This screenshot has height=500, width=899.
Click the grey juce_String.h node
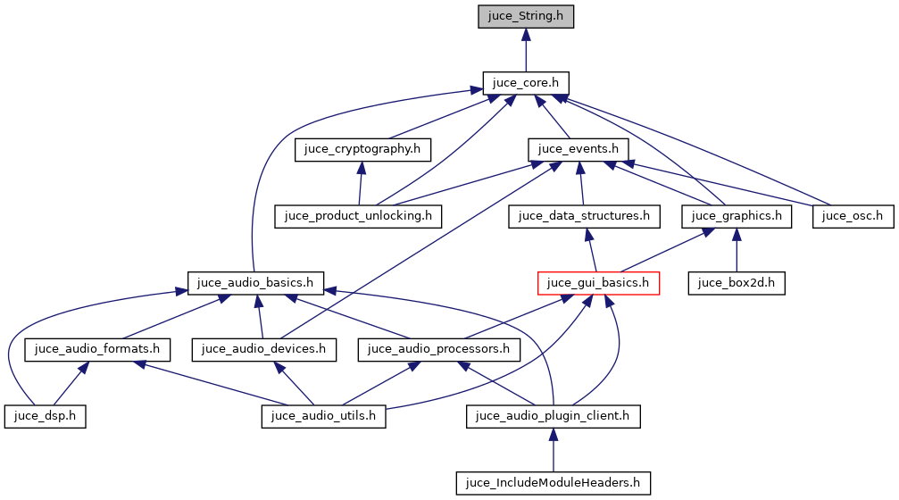coord(526,16)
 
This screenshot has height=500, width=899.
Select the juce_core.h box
coord(526,83)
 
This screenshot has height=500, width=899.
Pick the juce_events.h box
coord(579,148)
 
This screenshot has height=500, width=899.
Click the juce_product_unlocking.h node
coord(358,215)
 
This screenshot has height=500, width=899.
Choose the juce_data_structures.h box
coord(584,215)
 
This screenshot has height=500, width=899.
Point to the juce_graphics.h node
coord(736,215)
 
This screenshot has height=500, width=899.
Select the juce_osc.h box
coord(853,215)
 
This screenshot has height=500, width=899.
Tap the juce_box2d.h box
coord(736,283)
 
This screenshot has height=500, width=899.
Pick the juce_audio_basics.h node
coord(255,283)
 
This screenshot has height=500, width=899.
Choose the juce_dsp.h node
coord(45,416)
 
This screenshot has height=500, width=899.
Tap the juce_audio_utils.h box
coord(323,416)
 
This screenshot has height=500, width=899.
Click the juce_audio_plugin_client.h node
coord(553,416)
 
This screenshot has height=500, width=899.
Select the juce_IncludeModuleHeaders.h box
coord(553,483)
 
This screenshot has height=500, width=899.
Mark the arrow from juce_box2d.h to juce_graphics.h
coord(736,249)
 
